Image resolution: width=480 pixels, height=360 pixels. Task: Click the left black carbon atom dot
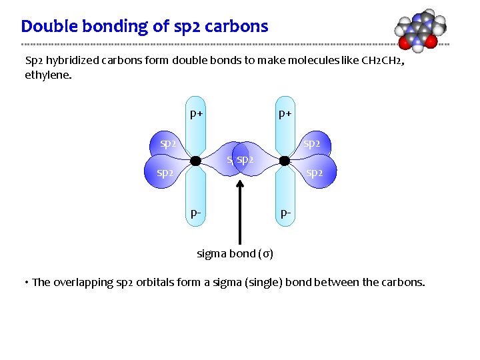(x=195, y=161)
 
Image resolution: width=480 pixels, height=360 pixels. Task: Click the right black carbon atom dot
(x=285, y=161)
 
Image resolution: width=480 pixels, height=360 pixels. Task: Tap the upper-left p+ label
(x=196, y=113)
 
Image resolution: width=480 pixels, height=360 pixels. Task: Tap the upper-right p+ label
(x=285, y=113)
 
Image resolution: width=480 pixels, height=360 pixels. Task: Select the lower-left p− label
(x=196, y=214)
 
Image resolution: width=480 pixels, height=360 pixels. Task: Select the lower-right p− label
(x=285, y=214)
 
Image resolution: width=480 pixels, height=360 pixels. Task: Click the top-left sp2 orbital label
(x=168, y=143)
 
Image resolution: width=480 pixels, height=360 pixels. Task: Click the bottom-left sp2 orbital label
(x=165, y=173)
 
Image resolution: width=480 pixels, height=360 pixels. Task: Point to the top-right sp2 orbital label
(x=312, y=143)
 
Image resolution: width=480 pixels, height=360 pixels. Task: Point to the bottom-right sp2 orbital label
(x=315, y=173)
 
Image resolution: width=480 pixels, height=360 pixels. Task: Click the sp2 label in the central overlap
(x=245, y=160)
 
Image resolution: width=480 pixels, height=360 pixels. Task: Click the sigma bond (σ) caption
(x=235, y=253)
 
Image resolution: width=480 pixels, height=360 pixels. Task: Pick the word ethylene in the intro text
(x=47, y=75)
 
